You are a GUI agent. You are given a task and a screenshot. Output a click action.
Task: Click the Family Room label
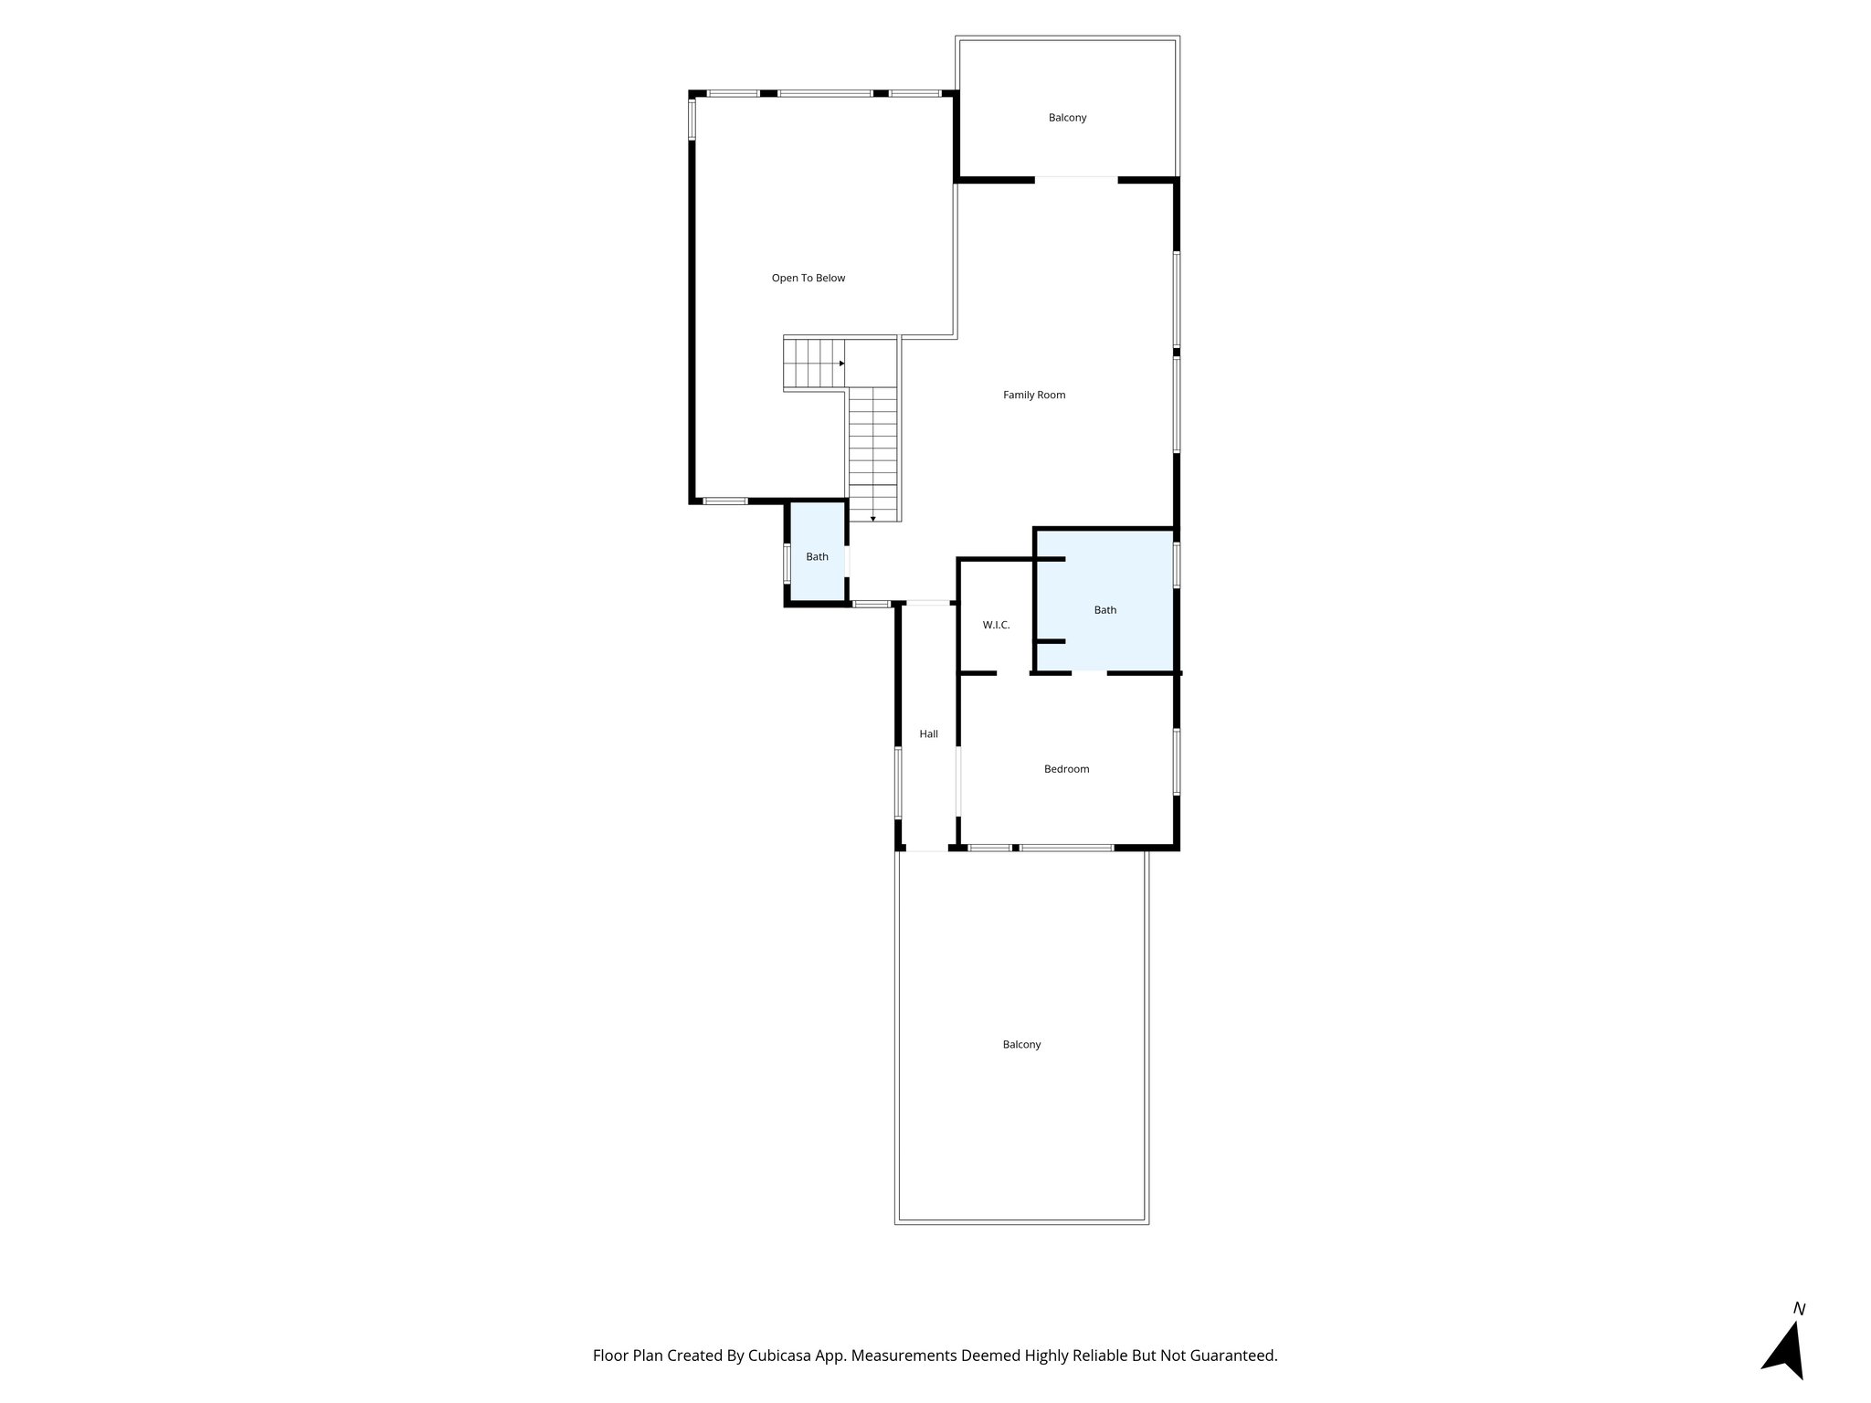(x=1034, y=395)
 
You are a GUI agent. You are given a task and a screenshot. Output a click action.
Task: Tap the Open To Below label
(x=809, y=278)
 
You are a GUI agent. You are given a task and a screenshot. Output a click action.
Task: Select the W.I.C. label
(x=996, y=625)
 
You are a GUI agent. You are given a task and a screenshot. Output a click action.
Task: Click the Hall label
(x=928, y=733)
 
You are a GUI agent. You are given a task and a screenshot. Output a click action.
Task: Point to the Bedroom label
(x=1066, y=769)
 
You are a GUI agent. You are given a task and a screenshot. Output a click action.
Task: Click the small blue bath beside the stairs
(x=817, y=556)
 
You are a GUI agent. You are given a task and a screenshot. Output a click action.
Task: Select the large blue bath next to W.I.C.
(x=1105, y=610)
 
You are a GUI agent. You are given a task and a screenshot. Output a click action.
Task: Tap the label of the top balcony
(x=1067, y=118)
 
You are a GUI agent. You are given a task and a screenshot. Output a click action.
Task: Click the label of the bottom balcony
(x=1021, y=1044)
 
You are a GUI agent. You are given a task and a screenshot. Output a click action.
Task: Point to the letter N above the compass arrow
(x=1799, y=1309)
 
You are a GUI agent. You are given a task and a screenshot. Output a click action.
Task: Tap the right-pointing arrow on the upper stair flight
(x=841, y=363)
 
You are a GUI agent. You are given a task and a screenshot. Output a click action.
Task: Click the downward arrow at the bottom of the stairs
(x=873, y=519)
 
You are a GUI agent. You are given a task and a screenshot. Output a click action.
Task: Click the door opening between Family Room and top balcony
(x=1075, y=179)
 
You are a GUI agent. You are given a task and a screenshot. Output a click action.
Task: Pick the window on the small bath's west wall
(x=787, y=564)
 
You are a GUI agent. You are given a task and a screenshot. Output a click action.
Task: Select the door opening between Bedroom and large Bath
(x=1089, y=673)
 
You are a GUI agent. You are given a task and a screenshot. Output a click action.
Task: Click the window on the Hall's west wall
(x=898, y=783)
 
